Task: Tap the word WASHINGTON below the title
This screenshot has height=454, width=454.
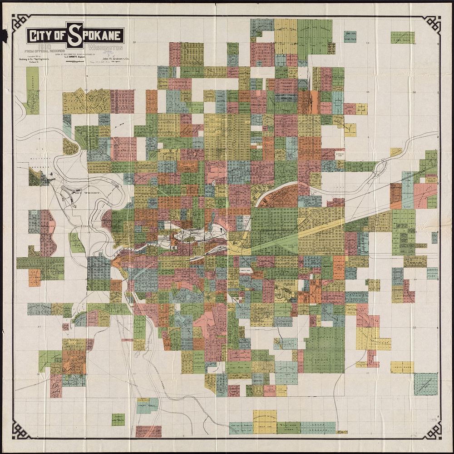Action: point(106,47)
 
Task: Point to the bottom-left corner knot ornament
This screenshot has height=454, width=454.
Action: point(21,430)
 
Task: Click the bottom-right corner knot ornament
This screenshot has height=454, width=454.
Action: point(432,430)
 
